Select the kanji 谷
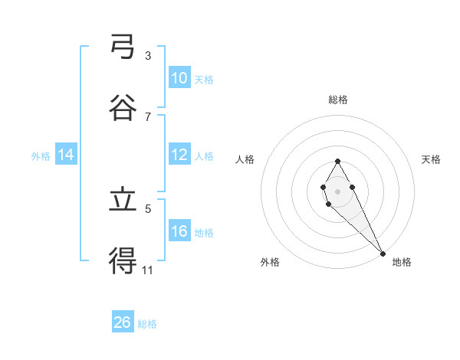[123, 107]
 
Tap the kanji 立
[123, 201]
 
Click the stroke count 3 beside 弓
[148, 55]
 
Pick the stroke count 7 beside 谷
[148, 116]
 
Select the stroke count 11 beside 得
[148, 270]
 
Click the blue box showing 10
[179, 78]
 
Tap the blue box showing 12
[179, 155]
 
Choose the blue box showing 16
[179, 231]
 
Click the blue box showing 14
[66, 155]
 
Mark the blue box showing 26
[123, 322]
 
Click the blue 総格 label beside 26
[147, 324]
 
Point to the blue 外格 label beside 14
[41, 155]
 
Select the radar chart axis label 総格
[338, 100]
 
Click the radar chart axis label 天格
[432, 159]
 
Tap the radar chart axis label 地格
[402, 262]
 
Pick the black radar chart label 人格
[245, 159]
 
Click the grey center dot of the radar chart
[337, 190]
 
